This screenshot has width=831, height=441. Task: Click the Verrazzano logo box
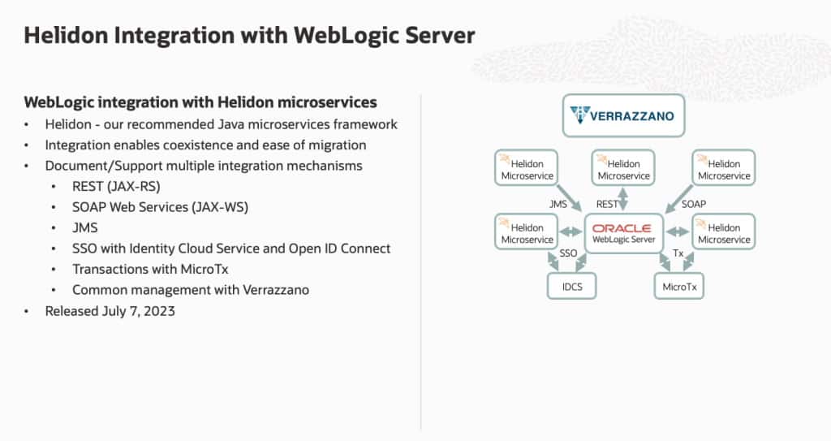coord(623,115)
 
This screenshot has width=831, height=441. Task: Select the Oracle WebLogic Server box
coord(624,234)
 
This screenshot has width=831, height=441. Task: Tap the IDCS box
coord(571,287)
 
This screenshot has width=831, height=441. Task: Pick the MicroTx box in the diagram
coord(679,287)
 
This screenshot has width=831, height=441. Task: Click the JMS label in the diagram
coord(558,204)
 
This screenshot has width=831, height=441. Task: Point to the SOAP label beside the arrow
coord(693,204)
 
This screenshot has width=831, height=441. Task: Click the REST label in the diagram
coord(607,205)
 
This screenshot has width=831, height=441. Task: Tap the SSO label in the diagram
coord(568,254)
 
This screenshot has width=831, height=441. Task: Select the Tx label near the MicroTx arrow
coord(678,254)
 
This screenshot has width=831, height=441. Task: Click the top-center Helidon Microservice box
coord(623,169)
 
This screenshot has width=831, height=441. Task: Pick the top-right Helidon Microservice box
coord(723,169)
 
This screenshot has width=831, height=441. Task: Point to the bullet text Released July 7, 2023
coord(110,311)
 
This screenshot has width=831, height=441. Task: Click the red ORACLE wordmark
coord(622,228)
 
